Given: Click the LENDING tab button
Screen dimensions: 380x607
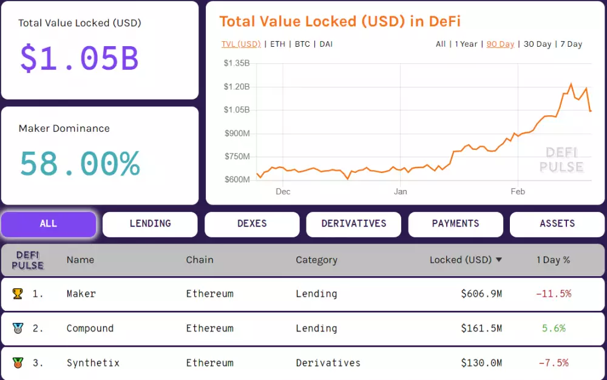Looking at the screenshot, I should click(150, 224).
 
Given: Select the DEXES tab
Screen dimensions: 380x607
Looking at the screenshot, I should click(252, 224).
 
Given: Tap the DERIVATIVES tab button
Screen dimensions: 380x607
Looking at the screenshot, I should click(354, 224).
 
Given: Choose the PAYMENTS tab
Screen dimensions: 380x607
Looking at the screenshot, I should click(455, 224).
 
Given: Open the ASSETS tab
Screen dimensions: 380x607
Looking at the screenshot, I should click(557, 224).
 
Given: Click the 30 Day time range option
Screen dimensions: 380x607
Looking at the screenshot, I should click(537, 44).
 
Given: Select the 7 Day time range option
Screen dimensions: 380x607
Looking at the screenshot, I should click(571, 44).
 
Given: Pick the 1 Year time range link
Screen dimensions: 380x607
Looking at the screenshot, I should click(466, 44).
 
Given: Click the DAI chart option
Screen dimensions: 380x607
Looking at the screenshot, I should click(326, 44).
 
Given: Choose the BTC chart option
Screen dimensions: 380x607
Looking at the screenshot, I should click(302, 44).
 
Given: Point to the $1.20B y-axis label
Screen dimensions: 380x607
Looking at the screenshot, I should click(237, 87).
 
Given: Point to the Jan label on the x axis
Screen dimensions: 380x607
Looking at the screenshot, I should click(400, 192).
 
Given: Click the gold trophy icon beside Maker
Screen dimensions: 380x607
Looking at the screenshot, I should click(18, 294).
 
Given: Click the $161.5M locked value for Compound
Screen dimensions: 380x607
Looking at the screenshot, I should click(481, 328).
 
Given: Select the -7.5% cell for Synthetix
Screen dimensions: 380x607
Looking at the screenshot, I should click(553, 363).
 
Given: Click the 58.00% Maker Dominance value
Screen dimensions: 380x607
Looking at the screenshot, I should click(80, 163).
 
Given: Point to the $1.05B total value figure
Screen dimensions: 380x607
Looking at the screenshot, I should click(80, 58).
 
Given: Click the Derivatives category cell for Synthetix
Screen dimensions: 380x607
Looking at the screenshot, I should click(328, 363).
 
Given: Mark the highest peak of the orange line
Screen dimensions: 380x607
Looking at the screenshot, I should click(571, 84).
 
